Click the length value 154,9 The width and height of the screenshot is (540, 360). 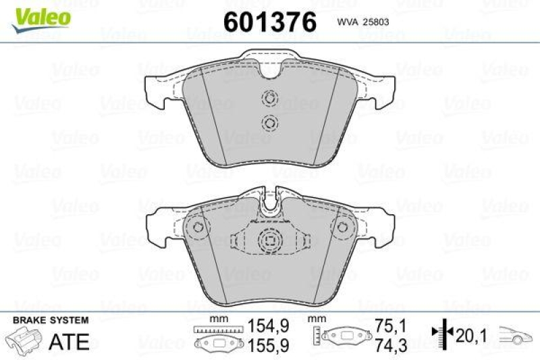[x=268, y=326]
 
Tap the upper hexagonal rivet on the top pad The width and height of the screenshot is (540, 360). [x=270, y=98]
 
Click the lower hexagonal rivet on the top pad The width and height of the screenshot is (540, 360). [x=270, y=122]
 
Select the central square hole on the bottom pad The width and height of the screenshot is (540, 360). [x=270, y=240]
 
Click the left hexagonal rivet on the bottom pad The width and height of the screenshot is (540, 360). [x=197, y=226]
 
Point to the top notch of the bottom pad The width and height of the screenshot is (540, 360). [x=270, y=200]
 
